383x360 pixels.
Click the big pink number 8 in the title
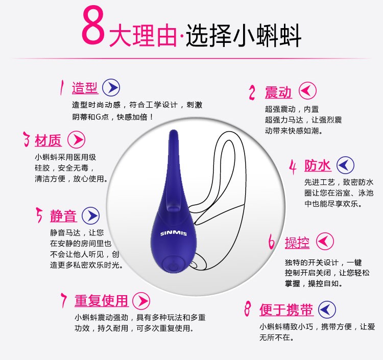pyautogui.click(x=93, y=25)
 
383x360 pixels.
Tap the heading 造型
pyautogui.click(x=85, y=87)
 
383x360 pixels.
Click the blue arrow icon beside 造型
pyautogui.click(x=111, y=87)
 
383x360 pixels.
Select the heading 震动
pyautogui.click(x=278, y=92)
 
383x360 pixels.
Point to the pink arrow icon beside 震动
pyautogui.click(x=307, y=90)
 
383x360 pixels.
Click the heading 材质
pyautogui.click(x=48, y=140)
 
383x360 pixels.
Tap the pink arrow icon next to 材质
pyautogui.click(x=77, y=140)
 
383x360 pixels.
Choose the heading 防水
pyautogui.click(x=318, y=165)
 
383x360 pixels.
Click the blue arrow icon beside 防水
pyautogui.click(x=345, y=165)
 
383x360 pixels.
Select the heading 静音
pyautogui.click(x=63, y=216)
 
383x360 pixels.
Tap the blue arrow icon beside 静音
pyautogui.click(x=90, y=216)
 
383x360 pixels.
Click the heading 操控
pyautogui.click(x=297, y=243)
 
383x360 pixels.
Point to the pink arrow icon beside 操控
pyautogui.click(x=325, y=242)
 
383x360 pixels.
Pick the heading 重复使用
pyautogui.click(x=102, y=301)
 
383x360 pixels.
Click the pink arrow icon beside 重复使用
pyautogui.click(x=141, y=301)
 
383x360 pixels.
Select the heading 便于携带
pyautogui.click(x=286, y=310)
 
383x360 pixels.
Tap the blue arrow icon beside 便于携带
pyautogui.click(x=327, y=309)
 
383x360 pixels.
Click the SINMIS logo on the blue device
pyautogui.click(x=174, y=233)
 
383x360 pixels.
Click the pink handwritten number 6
pyautogui.click(x=271, y=242)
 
